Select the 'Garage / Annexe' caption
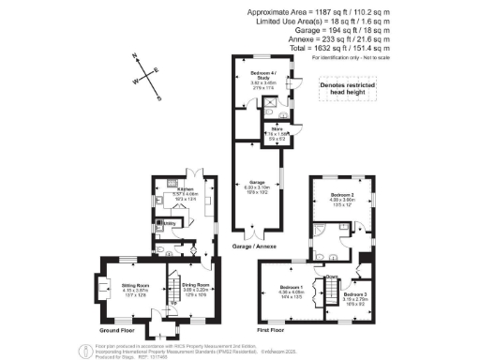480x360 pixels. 251,246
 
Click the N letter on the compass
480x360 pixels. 137,57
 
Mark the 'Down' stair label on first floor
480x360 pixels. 331,278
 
